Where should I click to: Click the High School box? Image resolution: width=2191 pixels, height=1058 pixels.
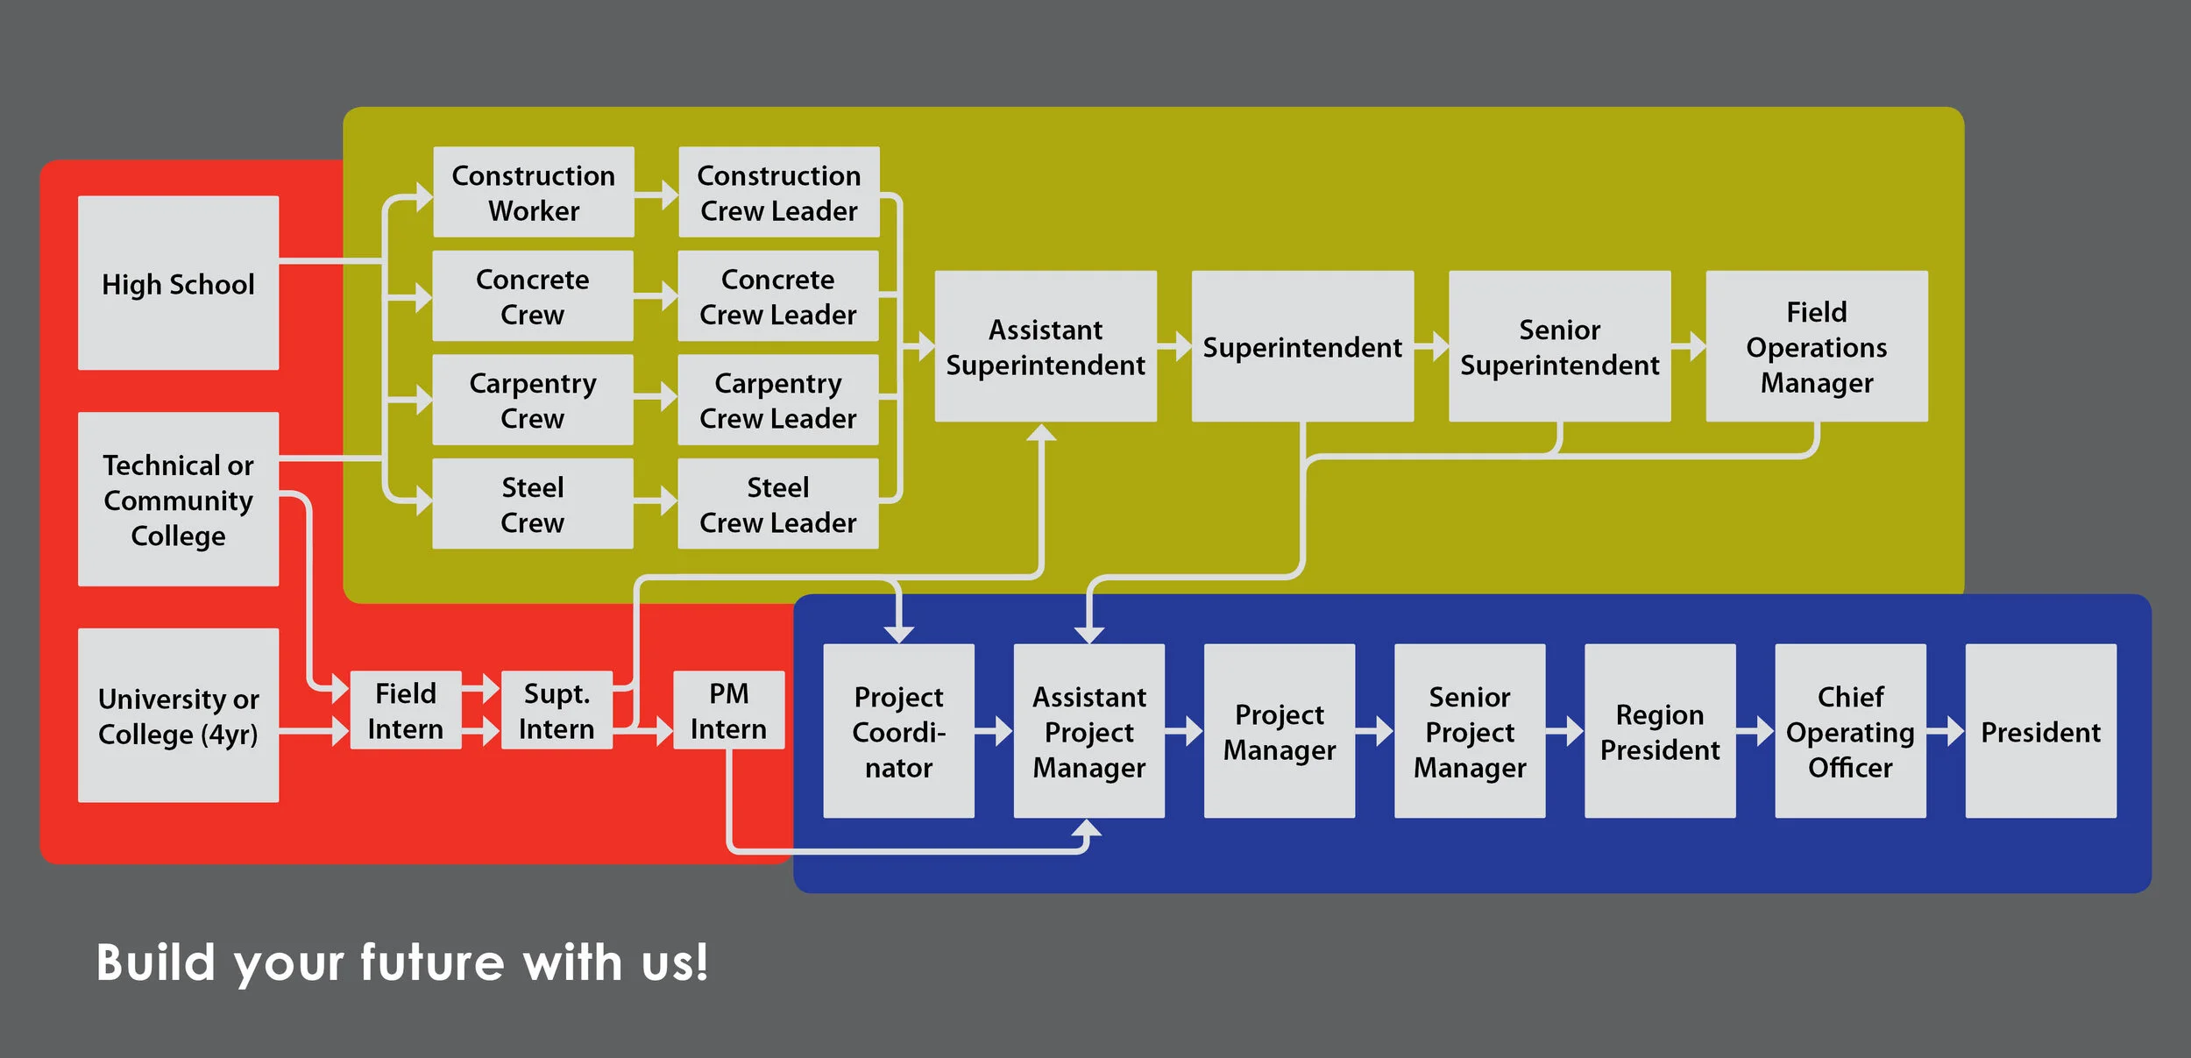[178, 282]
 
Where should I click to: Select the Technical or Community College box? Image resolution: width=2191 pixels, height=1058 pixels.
[178, 499]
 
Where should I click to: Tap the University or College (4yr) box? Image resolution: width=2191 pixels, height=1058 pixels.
[178, 715]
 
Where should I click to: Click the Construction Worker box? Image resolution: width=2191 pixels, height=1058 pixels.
[533, 192]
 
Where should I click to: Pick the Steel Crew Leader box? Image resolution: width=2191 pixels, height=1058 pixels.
[777, 504]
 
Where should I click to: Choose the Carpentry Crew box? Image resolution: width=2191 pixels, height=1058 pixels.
[532, 400]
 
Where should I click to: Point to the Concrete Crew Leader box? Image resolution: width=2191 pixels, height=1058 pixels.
[777, 296]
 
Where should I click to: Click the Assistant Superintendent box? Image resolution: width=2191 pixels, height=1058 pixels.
[1045, 346]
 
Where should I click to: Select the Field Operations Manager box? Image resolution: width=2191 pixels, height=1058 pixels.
[1816, 346]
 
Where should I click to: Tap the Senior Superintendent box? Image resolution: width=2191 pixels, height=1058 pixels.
[1559, 346]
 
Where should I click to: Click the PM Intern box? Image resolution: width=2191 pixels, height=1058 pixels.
[728, 710]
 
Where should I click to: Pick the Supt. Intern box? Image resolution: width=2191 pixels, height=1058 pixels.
[557, 710]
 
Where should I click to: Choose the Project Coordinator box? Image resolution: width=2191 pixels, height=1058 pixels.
[898, 731]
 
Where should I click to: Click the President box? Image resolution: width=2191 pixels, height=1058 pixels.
[2040, 731]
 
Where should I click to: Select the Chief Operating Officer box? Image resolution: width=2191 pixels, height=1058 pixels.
[1850, 731]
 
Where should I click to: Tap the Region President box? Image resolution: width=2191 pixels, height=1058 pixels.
[1660, 731]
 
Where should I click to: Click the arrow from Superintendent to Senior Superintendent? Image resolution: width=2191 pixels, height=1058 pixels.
[1432, 346]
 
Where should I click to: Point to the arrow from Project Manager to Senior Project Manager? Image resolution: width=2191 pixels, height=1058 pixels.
[1375, 731]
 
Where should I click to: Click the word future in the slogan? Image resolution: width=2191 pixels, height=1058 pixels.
[432, 962]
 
